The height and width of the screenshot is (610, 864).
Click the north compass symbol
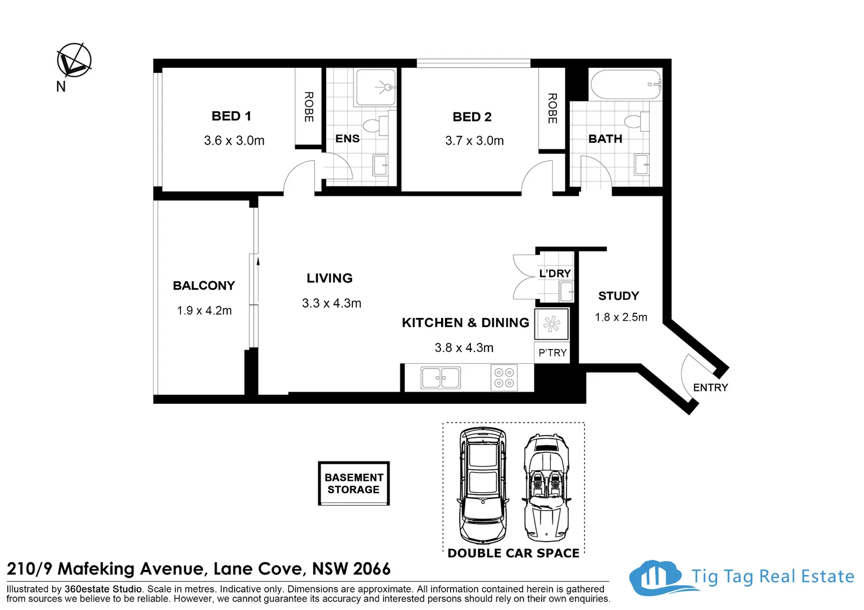point(74,60)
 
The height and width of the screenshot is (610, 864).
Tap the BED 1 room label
point(231,116)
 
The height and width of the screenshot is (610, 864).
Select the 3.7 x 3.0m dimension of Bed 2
point(474,141)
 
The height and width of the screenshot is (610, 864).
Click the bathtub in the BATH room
point(625,85)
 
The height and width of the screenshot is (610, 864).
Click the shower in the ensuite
point(375,88)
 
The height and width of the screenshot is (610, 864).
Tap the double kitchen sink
point(440,378)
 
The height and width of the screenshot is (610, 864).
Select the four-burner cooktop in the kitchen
point(504,378)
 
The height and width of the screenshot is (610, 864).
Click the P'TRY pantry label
point(552,352)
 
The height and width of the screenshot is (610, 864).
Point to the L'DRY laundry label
point(555,273)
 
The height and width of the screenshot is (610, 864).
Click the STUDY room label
point(619,296)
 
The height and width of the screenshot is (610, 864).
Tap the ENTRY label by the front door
point(711,387)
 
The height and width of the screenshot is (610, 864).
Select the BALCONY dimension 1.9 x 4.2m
point(205,311)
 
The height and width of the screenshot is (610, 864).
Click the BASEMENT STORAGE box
point(354,483)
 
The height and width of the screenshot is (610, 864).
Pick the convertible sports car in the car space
point(547,488)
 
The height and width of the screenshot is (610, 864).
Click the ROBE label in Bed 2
point(552,108)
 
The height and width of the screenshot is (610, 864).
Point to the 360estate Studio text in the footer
point(103,589)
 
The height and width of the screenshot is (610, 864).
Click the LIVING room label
point(330,278)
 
